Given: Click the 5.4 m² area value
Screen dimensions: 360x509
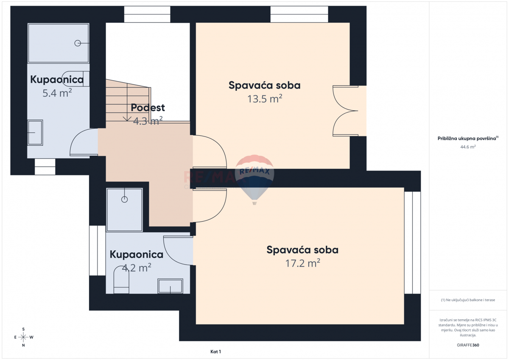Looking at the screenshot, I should click(x=57, y=93).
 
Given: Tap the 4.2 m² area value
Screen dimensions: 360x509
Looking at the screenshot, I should click(x=137, y=268).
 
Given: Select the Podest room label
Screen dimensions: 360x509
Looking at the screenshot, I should click(x=148, y=108).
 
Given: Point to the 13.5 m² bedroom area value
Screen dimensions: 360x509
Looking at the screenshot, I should click(x=265, y=99).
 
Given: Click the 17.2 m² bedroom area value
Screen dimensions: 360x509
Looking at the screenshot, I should click(x=302, y=263).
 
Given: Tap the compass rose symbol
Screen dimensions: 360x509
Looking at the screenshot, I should click(x=23, y=337).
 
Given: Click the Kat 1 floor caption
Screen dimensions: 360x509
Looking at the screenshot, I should click(x=216, y=352).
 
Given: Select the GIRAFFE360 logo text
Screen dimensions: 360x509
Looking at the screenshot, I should click(x=468, y=345).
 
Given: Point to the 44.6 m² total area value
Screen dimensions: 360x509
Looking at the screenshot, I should click(x=468, y=147).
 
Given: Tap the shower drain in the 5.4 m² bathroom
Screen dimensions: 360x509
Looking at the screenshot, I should click(x=78, y=43).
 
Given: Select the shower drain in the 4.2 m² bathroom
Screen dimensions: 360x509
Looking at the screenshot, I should click(x=124, y=199).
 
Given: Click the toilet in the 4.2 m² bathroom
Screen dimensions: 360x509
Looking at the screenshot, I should click(x=121, y=280).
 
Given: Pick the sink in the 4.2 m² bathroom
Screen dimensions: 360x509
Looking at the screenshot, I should click(x=171, y=286).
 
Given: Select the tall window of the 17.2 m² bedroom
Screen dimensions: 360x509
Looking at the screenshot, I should click(x=412, y=243).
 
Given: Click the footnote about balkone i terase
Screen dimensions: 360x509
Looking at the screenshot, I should click(x=468, y=300).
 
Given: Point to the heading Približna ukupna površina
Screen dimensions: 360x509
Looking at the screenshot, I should click(x=468, y=138).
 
